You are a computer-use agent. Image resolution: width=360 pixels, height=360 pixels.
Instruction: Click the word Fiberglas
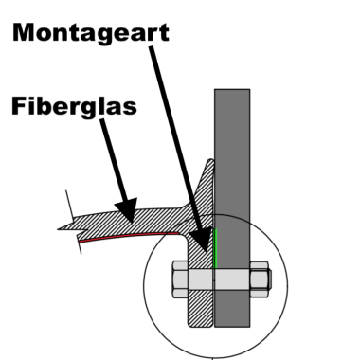75,104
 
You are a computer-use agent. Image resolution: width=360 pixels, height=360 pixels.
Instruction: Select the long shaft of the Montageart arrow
175,142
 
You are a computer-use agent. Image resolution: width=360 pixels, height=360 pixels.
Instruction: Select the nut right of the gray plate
261,280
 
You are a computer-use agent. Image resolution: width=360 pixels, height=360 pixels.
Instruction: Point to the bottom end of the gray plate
232,327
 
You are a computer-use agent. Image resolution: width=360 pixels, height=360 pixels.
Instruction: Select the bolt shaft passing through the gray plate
232,280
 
